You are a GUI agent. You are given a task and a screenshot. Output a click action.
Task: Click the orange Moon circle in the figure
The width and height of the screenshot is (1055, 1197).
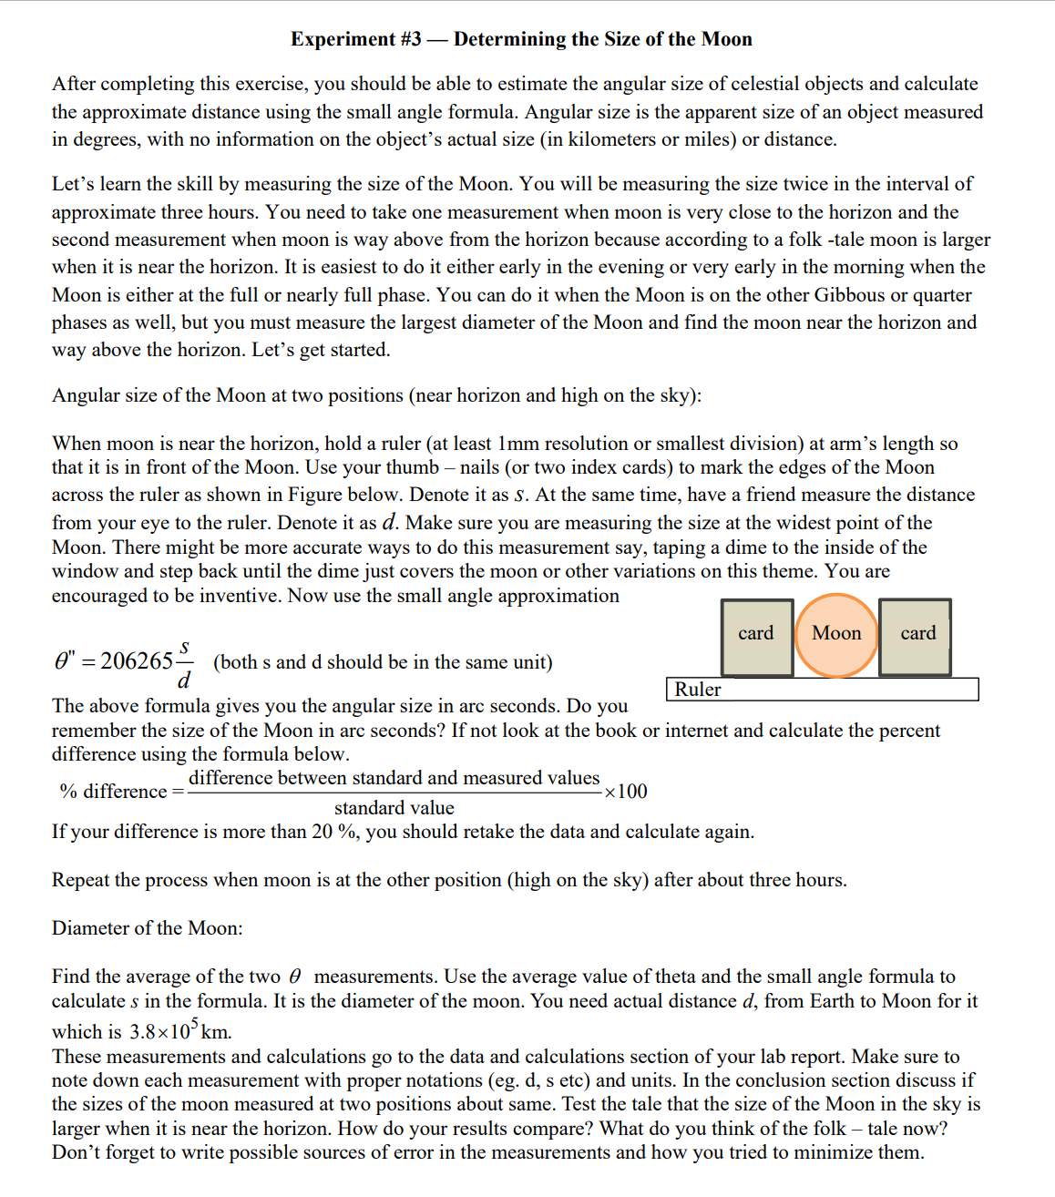836,635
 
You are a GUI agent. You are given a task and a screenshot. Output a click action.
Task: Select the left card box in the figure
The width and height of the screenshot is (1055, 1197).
756,636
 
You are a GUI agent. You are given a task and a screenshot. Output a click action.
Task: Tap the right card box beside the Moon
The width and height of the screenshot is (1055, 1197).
917,636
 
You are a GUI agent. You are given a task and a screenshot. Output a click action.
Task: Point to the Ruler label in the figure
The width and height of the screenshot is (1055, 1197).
698,690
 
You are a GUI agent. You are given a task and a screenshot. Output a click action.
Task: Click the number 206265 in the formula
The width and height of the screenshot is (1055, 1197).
137,661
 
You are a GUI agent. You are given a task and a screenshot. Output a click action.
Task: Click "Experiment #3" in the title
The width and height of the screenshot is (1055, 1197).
356,39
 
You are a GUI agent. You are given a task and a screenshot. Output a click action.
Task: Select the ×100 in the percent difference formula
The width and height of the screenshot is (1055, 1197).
626,791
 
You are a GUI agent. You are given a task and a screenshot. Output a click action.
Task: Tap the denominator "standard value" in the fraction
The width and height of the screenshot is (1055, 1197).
394,808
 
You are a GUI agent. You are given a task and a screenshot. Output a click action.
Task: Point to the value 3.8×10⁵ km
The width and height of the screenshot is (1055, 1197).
180,1031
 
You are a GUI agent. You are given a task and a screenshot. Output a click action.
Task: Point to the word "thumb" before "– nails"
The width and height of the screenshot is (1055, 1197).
413,467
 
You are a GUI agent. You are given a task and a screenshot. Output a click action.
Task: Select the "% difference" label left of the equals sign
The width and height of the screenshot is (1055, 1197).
113,792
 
